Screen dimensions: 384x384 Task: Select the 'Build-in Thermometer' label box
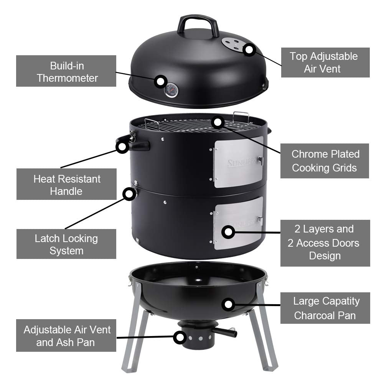pos(66,71)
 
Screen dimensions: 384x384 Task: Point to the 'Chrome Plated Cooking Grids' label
pos(325,161)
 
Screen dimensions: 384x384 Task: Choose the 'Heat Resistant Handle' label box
pos(66,185)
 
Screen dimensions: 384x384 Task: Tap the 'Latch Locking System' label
pos(66,244)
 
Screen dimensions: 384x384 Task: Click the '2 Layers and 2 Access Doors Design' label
pos(325,243)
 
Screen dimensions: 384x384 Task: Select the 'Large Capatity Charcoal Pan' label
pos(325,308)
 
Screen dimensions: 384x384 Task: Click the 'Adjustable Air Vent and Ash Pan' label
pos(66,336)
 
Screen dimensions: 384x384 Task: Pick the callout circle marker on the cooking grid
pos(218,122)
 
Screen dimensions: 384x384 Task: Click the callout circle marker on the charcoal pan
pos(229,305)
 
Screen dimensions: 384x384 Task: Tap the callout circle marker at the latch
pos(128,194)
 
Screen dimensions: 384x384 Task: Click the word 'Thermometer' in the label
pos(68,78)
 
